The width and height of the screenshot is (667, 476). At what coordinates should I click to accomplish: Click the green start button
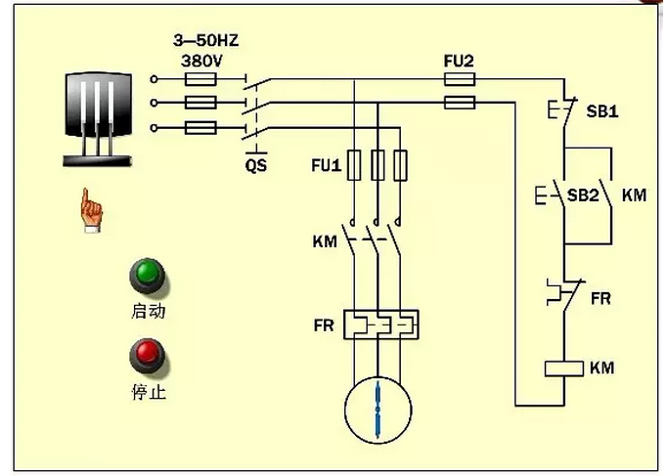click(147, 276)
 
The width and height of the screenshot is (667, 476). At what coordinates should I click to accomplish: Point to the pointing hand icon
click(91, 210)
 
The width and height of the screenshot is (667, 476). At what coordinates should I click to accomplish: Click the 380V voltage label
click(201, 62)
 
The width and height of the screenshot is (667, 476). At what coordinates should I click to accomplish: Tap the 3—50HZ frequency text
click(206, 40)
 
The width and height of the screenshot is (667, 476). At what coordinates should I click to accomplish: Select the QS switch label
click(256, 165)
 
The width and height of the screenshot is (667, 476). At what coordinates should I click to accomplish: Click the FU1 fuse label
click(327, 165)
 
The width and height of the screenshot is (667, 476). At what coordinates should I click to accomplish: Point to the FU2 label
click(459, 62)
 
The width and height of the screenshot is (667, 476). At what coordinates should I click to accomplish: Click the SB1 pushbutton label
click(601, 111)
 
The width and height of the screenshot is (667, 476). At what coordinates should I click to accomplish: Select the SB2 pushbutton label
click(583, 195)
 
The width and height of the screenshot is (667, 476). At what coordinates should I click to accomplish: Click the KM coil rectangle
click(564, 368)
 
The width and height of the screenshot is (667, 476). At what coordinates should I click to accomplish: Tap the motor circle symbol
click(378, 411)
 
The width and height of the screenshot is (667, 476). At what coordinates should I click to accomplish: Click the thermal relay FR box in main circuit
click(381, 325)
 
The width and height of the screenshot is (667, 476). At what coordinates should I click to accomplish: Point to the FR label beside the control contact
click(600, 298)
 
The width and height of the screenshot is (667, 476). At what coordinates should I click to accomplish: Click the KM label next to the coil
click(601, 368)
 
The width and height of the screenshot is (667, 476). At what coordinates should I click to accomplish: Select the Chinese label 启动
click(148, 311)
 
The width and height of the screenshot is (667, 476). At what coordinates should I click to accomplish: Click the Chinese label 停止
click(149, 391)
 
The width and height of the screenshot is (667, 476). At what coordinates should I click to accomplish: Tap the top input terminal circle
click(154, 79)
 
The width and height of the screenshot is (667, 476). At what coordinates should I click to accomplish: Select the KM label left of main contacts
click(325, 241)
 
